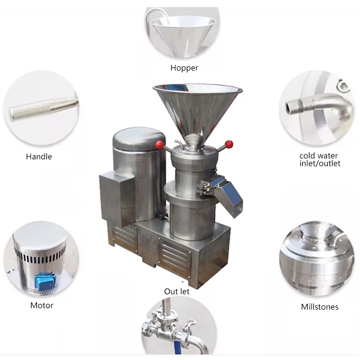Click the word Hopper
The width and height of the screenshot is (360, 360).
coord(184,68)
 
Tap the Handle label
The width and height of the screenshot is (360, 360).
coord(39,156)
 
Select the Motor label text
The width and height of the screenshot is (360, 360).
coord(42,305)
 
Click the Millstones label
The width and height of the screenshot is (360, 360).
coord(320,307)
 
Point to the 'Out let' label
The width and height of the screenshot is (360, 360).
coord(177,291)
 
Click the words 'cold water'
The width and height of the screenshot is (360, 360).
coord(319,156)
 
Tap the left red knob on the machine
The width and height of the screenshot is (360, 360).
coord(159,145)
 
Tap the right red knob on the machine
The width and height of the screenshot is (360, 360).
coord(228,144)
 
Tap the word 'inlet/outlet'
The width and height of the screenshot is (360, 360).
coord(320,164)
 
